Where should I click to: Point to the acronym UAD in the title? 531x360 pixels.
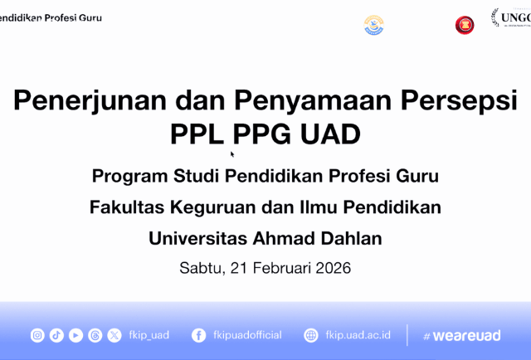click(x=329, y=134)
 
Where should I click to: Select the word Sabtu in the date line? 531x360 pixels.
click(x=197, y=268)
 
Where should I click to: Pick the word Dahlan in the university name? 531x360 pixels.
click(x=349, y=238)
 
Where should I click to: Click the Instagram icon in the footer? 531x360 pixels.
click(x=37, y=335)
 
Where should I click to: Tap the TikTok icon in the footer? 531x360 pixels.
click(x=56, y=335)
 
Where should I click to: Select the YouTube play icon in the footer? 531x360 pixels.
click(x=76, y=335)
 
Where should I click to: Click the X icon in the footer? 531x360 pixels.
click(x=114, y=335)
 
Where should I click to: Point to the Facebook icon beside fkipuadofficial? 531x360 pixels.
click(x=199, y=335)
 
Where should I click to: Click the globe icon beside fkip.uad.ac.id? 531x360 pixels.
click(x=311, y=335)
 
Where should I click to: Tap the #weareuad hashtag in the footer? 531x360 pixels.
click(x=461, y=335)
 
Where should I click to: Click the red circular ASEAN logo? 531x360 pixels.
click(x=465, y=25)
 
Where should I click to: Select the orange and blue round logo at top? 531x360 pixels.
click(x=374, y=25)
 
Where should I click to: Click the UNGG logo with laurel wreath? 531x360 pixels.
click(x=511, y=18)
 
